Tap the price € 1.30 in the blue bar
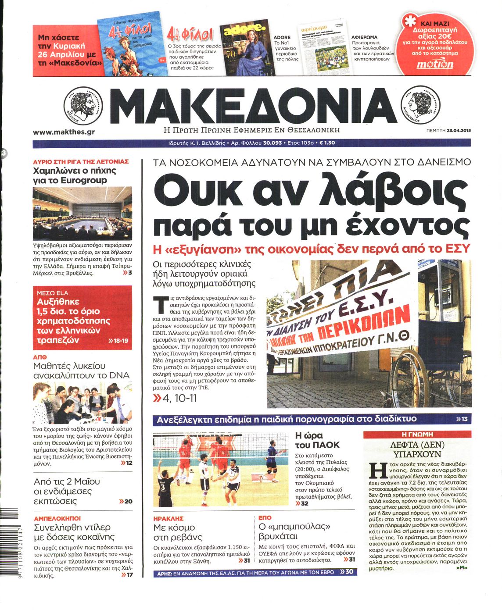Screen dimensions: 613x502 327,143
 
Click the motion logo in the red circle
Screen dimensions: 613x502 435,64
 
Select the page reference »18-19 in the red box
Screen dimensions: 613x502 118,340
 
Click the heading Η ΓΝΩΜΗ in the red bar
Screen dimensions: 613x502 417,434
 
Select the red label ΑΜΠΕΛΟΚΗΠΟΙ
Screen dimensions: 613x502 57,518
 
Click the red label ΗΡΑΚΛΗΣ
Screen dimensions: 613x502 169,518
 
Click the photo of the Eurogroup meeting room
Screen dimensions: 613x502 82,214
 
